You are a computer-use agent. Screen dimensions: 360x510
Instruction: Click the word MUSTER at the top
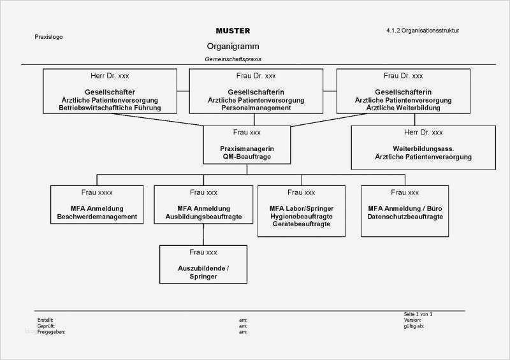point(233,31)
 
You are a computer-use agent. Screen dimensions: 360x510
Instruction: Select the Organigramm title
point(233,47)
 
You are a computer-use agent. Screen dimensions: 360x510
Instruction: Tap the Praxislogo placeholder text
point(48,37)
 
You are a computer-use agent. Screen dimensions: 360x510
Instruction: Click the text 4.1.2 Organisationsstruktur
point(423,31)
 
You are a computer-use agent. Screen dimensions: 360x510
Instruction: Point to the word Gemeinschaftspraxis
point(233,59)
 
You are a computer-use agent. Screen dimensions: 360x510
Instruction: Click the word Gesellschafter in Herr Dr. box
point(110,92)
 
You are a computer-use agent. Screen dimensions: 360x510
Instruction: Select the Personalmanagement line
point(256,108)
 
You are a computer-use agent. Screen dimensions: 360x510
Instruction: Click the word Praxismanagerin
point(247,148)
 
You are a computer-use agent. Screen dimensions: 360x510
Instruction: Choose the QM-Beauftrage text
point(247,156)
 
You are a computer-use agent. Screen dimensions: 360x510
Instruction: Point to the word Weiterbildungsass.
point(423,148)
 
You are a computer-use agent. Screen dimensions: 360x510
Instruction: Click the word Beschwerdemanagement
point(97,217)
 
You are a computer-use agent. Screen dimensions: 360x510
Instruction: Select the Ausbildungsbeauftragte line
point(203,217)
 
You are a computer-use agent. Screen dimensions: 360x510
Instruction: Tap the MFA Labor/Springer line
point(302,208)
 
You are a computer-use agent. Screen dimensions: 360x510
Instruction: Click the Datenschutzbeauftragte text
point(405,217)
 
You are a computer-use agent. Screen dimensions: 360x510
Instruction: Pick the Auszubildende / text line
point(203,269)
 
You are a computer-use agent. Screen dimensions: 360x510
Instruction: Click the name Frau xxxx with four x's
point(97,192)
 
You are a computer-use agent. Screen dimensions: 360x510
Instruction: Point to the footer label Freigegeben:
point(52,332)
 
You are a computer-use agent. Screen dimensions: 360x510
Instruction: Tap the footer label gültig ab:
point(414,326)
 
